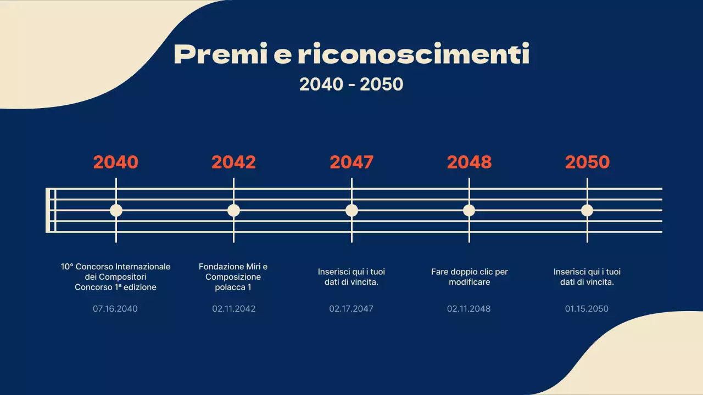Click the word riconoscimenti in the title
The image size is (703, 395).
coord(414,54)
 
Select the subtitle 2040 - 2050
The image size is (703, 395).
coord(351,84)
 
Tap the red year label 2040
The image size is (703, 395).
coord(116,162)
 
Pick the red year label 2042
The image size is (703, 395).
coord(234,162)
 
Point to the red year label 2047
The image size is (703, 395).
coord(351,162)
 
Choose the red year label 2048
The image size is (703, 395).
coord(469,162)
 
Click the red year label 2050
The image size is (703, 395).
coord(587,162)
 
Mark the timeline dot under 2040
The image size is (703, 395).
coord(116,210)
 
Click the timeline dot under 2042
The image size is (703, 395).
coord(234,210)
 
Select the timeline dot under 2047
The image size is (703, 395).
coord(351,210)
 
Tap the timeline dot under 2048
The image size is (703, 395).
coord(469,210)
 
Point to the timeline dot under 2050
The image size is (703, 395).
coord(587,210)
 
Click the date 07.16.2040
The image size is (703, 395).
coord(115,309)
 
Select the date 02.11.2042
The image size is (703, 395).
coord(234,309)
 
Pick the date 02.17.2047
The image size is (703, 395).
coord(351,309)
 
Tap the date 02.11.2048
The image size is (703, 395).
coord(469,309)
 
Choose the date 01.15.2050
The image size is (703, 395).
coord(587,309)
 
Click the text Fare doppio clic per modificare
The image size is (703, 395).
coord(470,277)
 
